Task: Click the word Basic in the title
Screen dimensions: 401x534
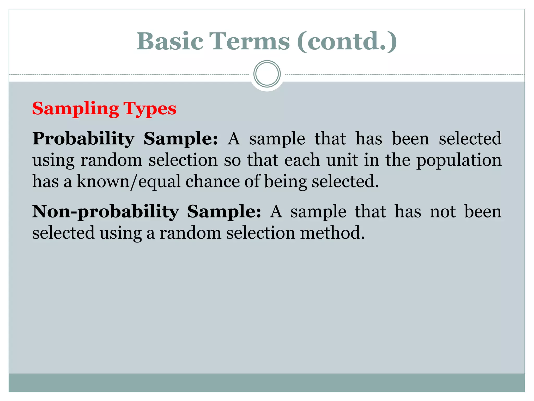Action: [x=170, y=41]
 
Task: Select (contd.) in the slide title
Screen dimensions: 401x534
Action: [x=347, y=41]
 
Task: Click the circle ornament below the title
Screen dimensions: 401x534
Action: [x=267, y=74]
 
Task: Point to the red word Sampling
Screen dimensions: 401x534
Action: [x=75, y=109]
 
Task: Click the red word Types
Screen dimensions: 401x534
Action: [x=150, y=109]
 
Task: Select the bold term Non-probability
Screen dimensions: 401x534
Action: [x=105, y=211]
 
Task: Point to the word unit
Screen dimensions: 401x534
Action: [x=342, y=160]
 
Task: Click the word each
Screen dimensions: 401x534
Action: [x=302, y=160]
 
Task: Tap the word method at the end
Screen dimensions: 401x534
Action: [x=332, y=233]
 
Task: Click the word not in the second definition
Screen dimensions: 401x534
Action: [x=443, y=211]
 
